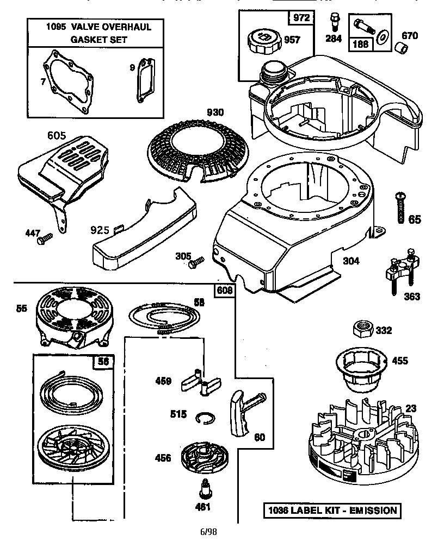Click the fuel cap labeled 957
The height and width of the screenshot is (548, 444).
pos(265,40)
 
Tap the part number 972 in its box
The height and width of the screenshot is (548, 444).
pos(301,18)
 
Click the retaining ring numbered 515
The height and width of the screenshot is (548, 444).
pos(205,417)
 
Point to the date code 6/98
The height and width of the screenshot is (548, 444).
pos(209,532)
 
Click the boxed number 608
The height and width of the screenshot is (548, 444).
pos(225,290)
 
